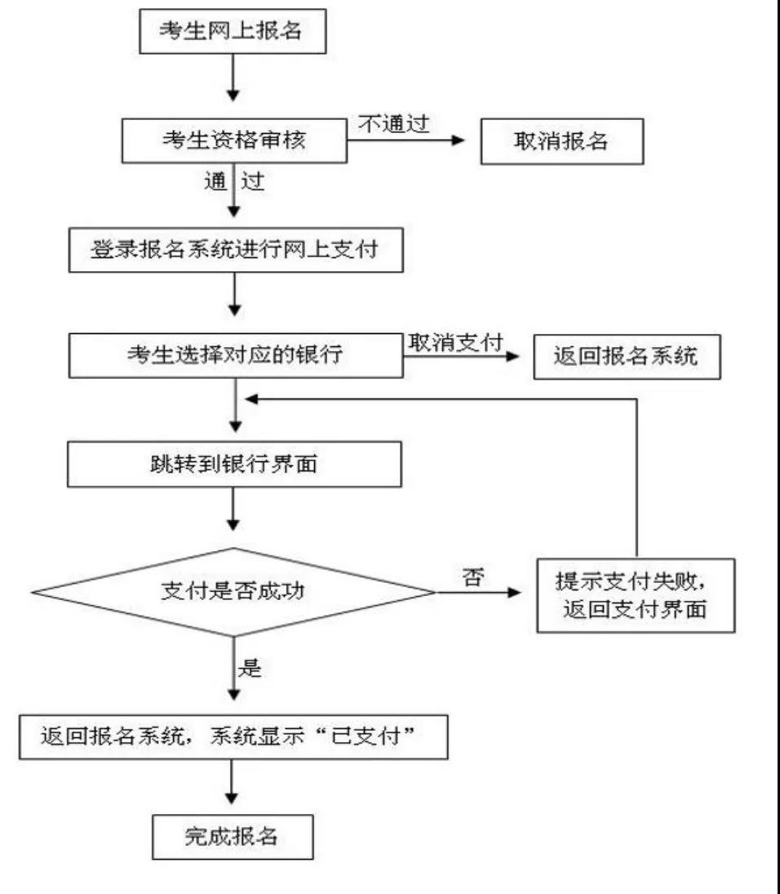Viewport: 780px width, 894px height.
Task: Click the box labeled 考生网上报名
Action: point(233,31)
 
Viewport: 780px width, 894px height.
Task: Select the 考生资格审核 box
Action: point(234,140)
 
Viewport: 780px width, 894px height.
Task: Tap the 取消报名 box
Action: point(562,141)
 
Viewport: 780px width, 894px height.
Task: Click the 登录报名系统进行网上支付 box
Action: point(236,250)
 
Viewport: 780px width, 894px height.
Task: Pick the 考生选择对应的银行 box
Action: point(236,355)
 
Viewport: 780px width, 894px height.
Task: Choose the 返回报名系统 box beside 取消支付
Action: point(627,357)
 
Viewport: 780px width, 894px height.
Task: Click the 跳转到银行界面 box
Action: point(234,464)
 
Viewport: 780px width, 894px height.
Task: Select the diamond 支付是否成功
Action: point(233,593)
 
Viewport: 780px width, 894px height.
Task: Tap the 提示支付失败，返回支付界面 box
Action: point(636,595)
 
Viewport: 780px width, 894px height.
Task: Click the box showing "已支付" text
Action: point(233,736)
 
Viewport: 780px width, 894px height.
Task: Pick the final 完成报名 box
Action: point(233,837)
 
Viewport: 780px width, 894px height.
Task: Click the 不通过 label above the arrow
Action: point(394,123)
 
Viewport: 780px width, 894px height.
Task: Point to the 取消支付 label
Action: point(455,343)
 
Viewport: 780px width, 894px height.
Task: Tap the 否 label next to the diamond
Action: point(473,577)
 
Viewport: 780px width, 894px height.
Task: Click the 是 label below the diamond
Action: point(250,667)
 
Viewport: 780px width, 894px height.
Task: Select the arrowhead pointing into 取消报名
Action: point(458,140)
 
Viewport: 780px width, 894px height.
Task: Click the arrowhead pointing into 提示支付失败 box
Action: point(514,593)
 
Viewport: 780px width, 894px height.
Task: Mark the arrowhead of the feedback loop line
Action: point(251,399)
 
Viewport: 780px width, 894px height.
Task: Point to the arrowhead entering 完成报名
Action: point(232,798)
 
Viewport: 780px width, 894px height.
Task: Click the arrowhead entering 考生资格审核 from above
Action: point(233,95)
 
